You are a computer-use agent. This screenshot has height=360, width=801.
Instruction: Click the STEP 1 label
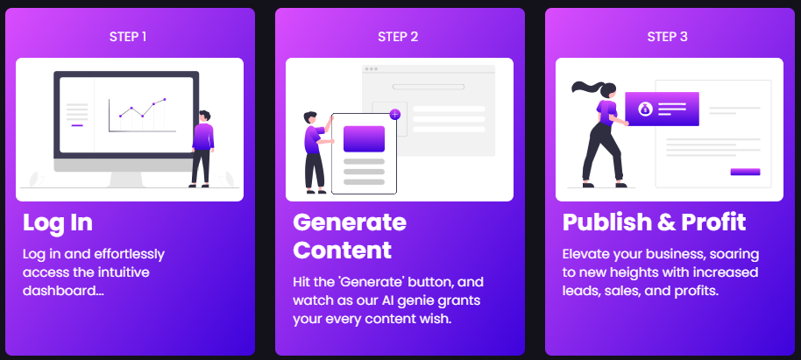pyautogui.click(x=128, y=37)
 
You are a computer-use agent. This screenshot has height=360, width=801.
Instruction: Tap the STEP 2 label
pyautogui.click(x=398, y=37)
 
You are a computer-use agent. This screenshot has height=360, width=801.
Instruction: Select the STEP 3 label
pyautogui.click(x=667, y=37)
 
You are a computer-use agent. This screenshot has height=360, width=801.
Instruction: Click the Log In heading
pyautogui.click(x=58, y=223)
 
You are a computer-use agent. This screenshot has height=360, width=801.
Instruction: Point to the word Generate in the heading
pyautogui.click(x=350, y=222)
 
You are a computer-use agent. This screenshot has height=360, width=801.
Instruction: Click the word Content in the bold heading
pyautogui.click(x=343, y=251)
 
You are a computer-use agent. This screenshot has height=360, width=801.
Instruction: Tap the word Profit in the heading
pyautogui.click(x=713, y=222)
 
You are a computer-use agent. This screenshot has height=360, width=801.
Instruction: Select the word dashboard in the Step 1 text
pyautogui.click(x=60, y=290)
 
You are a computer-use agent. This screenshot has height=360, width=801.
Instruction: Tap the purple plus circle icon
pyautogui.click(x=395, y=115)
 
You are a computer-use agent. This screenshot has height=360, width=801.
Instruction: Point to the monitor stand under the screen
pyautogui.click(x=126, y=180)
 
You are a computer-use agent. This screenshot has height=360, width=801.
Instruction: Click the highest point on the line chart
pyautogui.click(x=165, y=99)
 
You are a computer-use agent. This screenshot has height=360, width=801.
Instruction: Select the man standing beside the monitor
pyautogui.click(x=202, y=149)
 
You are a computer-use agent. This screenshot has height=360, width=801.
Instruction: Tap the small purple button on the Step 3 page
pyautogui.click(x=745, y=172)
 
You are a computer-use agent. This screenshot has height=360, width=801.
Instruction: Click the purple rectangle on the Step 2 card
pyautogui.click(x=364, y=139)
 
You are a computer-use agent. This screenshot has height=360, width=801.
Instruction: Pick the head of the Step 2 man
pyautogui.click(x=310, y=118)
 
